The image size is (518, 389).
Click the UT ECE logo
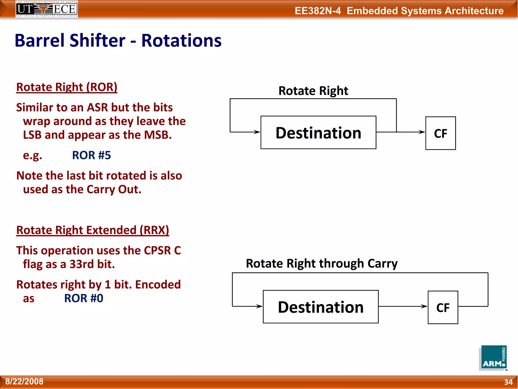(x=47, y=9)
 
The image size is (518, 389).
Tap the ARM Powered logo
(x=493, y=358)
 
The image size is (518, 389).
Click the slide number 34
(x=508, y=382)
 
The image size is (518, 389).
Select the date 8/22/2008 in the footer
(x=24, y=381)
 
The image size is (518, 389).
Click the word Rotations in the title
(x=181, y=41)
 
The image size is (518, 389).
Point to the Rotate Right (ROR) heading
(x=67, y=87)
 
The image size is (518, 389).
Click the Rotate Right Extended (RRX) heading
(x=93, y=230)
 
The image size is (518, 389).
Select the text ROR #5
(x=91, y=155)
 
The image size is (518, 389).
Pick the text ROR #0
(x=83, y=298)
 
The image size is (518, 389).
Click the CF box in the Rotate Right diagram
(x=440, y=133)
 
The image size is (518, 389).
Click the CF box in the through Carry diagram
(x=443, y=307)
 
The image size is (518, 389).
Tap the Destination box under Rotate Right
(x=318, y=132)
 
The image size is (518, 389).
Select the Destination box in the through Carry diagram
(x=320, y=307)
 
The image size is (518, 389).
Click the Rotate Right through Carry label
(x=321, y=263)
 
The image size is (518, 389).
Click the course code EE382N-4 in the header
(x=318, y=11)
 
